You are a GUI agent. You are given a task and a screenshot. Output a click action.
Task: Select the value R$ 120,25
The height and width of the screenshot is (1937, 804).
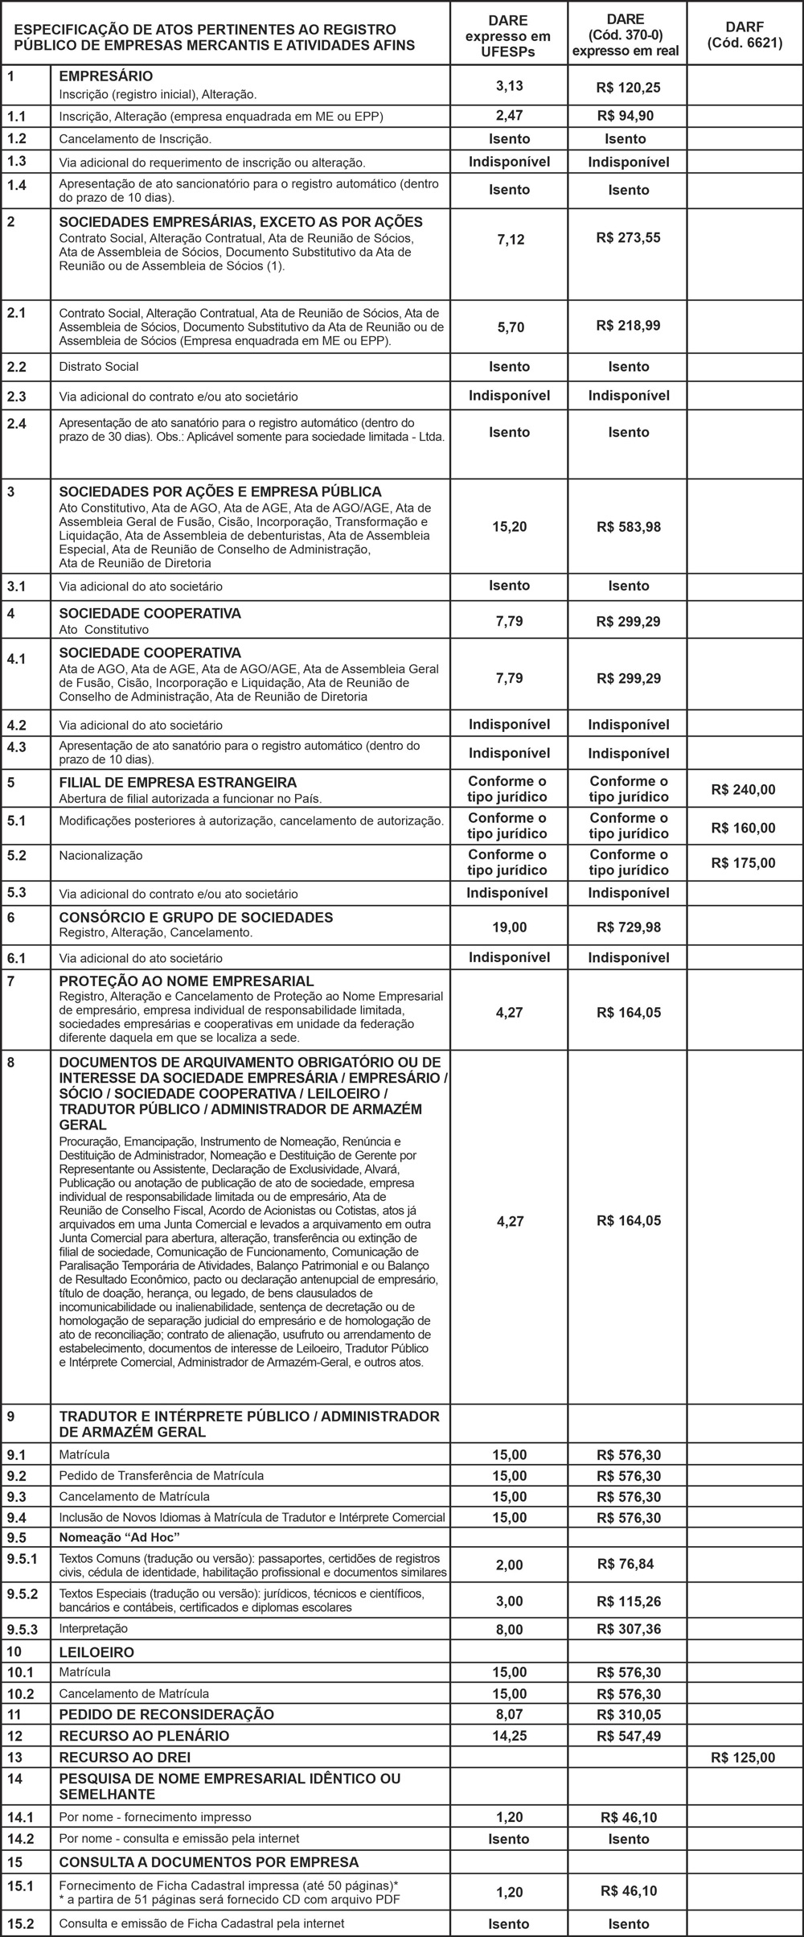629,87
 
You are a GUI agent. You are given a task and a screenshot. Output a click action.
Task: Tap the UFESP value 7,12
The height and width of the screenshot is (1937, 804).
511,239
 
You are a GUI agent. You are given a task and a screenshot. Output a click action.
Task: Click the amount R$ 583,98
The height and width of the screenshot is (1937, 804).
629,527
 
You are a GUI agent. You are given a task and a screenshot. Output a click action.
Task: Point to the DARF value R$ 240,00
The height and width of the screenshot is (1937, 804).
743,789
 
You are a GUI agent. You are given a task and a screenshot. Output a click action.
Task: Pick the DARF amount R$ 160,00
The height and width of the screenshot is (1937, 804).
743,828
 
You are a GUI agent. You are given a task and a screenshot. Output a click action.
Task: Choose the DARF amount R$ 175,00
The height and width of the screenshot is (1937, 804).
743,863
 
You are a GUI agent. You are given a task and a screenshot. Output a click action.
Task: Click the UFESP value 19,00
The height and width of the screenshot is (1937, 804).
510,927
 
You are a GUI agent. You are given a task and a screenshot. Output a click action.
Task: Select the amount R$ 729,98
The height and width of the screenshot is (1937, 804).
629,927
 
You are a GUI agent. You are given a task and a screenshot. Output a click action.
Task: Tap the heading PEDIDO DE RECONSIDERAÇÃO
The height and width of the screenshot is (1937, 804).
166,1713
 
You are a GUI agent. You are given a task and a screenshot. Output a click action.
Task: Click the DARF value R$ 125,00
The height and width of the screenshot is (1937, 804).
743,1757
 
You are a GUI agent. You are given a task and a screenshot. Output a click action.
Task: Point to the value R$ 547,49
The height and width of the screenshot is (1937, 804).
629,1735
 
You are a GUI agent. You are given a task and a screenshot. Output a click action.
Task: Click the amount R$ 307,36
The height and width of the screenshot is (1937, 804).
629,1629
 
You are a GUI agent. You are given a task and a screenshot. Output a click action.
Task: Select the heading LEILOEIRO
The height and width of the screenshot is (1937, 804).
96,1651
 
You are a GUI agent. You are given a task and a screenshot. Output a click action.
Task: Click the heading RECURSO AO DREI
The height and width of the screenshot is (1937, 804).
125,1757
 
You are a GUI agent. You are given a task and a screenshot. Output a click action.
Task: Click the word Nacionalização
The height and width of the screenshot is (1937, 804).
100,855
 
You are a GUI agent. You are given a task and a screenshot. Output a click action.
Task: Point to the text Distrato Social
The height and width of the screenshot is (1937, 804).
99,367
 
